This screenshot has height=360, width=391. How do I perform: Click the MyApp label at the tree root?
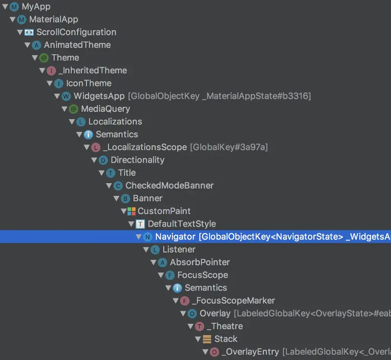[36, 7]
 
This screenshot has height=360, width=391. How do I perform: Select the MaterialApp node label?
[53, 20]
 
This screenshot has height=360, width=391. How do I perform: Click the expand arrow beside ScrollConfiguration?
[20, 32]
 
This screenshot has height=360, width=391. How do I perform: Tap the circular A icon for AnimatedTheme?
[36, 45]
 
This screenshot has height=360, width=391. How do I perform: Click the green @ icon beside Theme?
[43, 58]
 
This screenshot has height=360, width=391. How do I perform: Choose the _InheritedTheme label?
[92, 70]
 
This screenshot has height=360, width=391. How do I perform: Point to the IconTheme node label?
[88, 83]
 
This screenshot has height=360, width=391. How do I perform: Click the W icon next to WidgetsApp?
[66, 96]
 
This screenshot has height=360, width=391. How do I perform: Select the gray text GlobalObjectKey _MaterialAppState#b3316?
[219, 96]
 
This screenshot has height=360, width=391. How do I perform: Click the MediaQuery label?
[105, 109]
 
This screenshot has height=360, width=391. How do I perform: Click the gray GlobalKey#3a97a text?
[229, 147]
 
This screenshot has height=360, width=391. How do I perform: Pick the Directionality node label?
[137, 160]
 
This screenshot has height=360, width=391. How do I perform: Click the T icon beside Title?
[110, 173]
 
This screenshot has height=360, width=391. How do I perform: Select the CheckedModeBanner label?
[169, 186]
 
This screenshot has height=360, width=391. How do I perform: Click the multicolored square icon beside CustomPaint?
[131, 211]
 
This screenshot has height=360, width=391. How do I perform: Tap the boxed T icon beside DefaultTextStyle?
[140, 224]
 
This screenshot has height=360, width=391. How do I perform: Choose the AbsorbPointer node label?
[199, 262]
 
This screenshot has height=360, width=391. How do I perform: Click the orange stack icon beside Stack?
[207, 339]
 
